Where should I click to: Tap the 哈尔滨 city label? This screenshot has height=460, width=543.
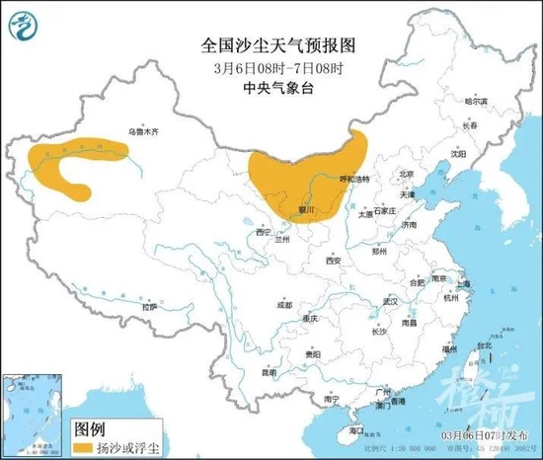tap(477, 102)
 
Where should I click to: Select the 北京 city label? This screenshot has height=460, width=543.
tap(405, 174)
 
